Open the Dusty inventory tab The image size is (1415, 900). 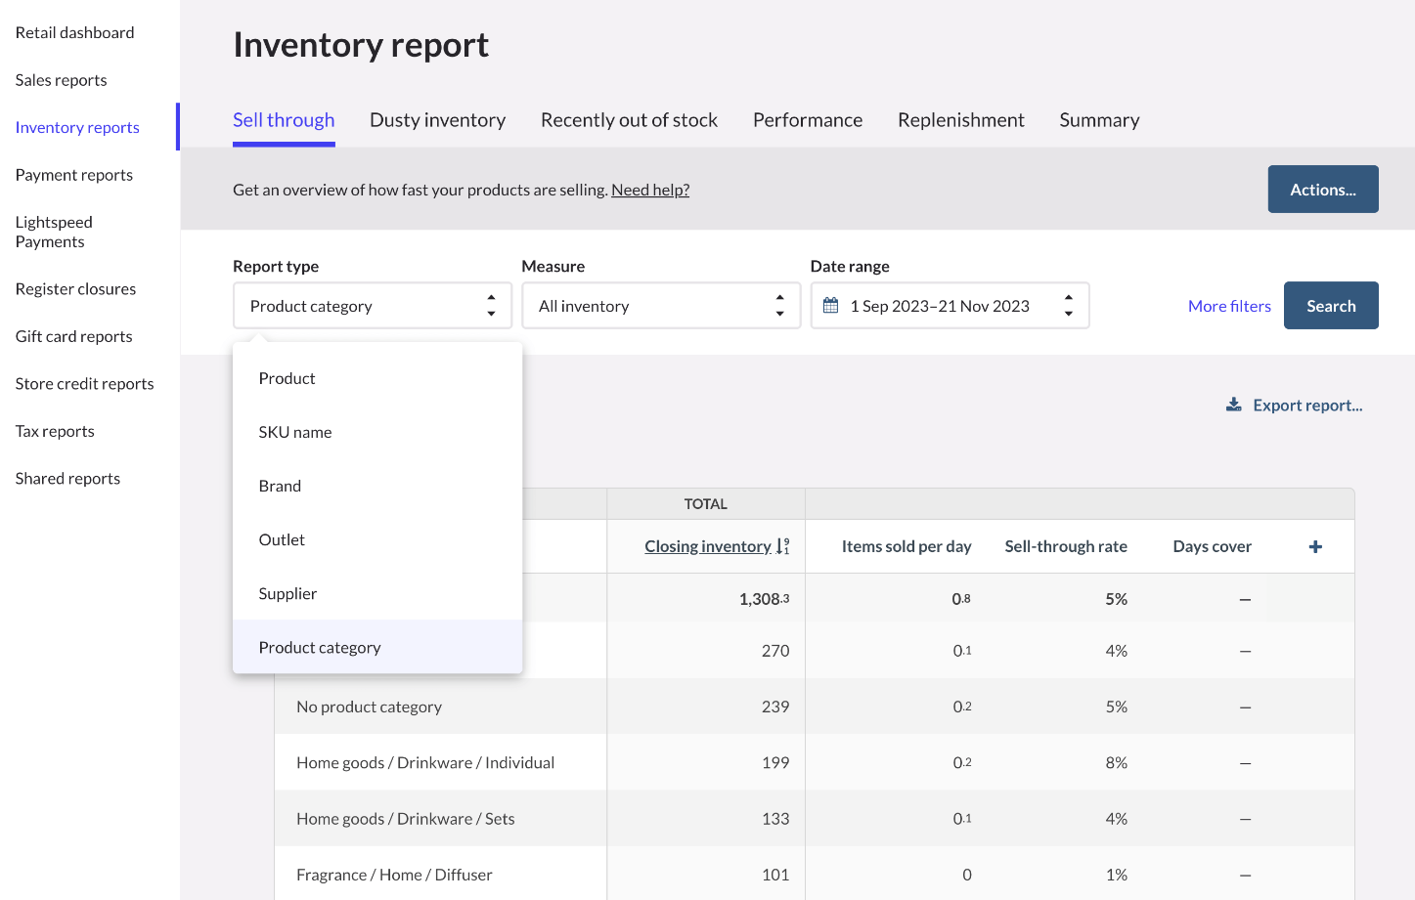[437, 120]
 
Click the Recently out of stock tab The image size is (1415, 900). [629, 120]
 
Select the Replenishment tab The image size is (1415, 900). [960, 120]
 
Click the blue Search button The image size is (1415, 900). [1330, 306]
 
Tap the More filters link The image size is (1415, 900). [1228, 306]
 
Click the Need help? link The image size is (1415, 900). [650, 190]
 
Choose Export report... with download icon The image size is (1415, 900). [1295, 406]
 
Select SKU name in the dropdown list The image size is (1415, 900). [295, 432]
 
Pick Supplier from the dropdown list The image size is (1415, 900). [287, 593]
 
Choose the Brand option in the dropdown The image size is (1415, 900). [280, 486]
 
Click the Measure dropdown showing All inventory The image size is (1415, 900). [661, 306]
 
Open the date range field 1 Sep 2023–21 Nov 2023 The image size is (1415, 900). [949, 306]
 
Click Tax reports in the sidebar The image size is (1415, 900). [55, 431]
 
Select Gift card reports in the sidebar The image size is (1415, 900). [73, 336]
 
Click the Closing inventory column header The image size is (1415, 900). [708, 546]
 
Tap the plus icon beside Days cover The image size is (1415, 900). [1315, 546]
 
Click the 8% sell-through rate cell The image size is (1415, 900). [1116, 762]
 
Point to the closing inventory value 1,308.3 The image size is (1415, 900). [764, 599]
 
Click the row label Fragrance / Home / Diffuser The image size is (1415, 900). [394, 875]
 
